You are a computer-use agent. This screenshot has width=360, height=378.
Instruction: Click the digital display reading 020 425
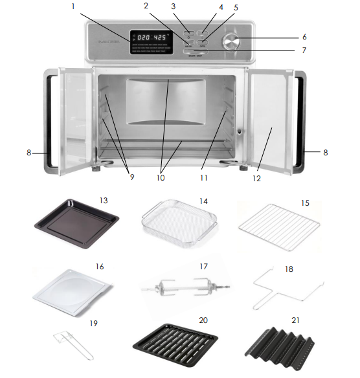(x=150, y=38)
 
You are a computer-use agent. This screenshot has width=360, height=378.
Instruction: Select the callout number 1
(x=73, y=7)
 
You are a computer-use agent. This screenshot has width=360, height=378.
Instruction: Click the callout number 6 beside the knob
(x=304, y=37)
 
